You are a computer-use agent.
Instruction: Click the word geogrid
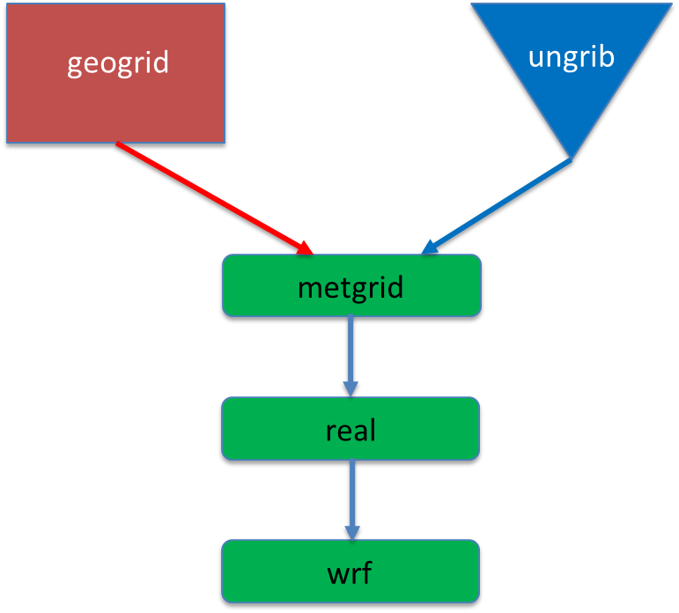click(x=118, y=63)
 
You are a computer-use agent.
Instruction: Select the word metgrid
click(x=351, y=287)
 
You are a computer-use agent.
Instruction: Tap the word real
click(x=351, y=430)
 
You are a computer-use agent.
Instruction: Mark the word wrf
click(x=351, y=574)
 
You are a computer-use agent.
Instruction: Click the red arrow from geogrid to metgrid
click(x=211, y=196)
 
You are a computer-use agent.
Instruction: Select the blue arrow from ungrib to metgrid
click(x=498, y=207)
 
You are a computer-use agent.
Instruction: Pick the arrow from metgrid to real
click(x=351, y=352)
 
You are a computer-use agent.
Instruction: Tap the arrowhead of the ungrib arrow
click(x=429, y=247)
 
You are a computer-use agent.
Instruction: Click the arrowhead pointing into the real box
click(x=351, y=388)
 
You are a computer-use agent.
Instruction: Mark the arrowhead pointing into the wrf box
click(x=351, y=532)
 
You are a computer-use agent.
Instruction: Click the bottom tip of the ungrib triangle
click(x=572, y=159)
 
